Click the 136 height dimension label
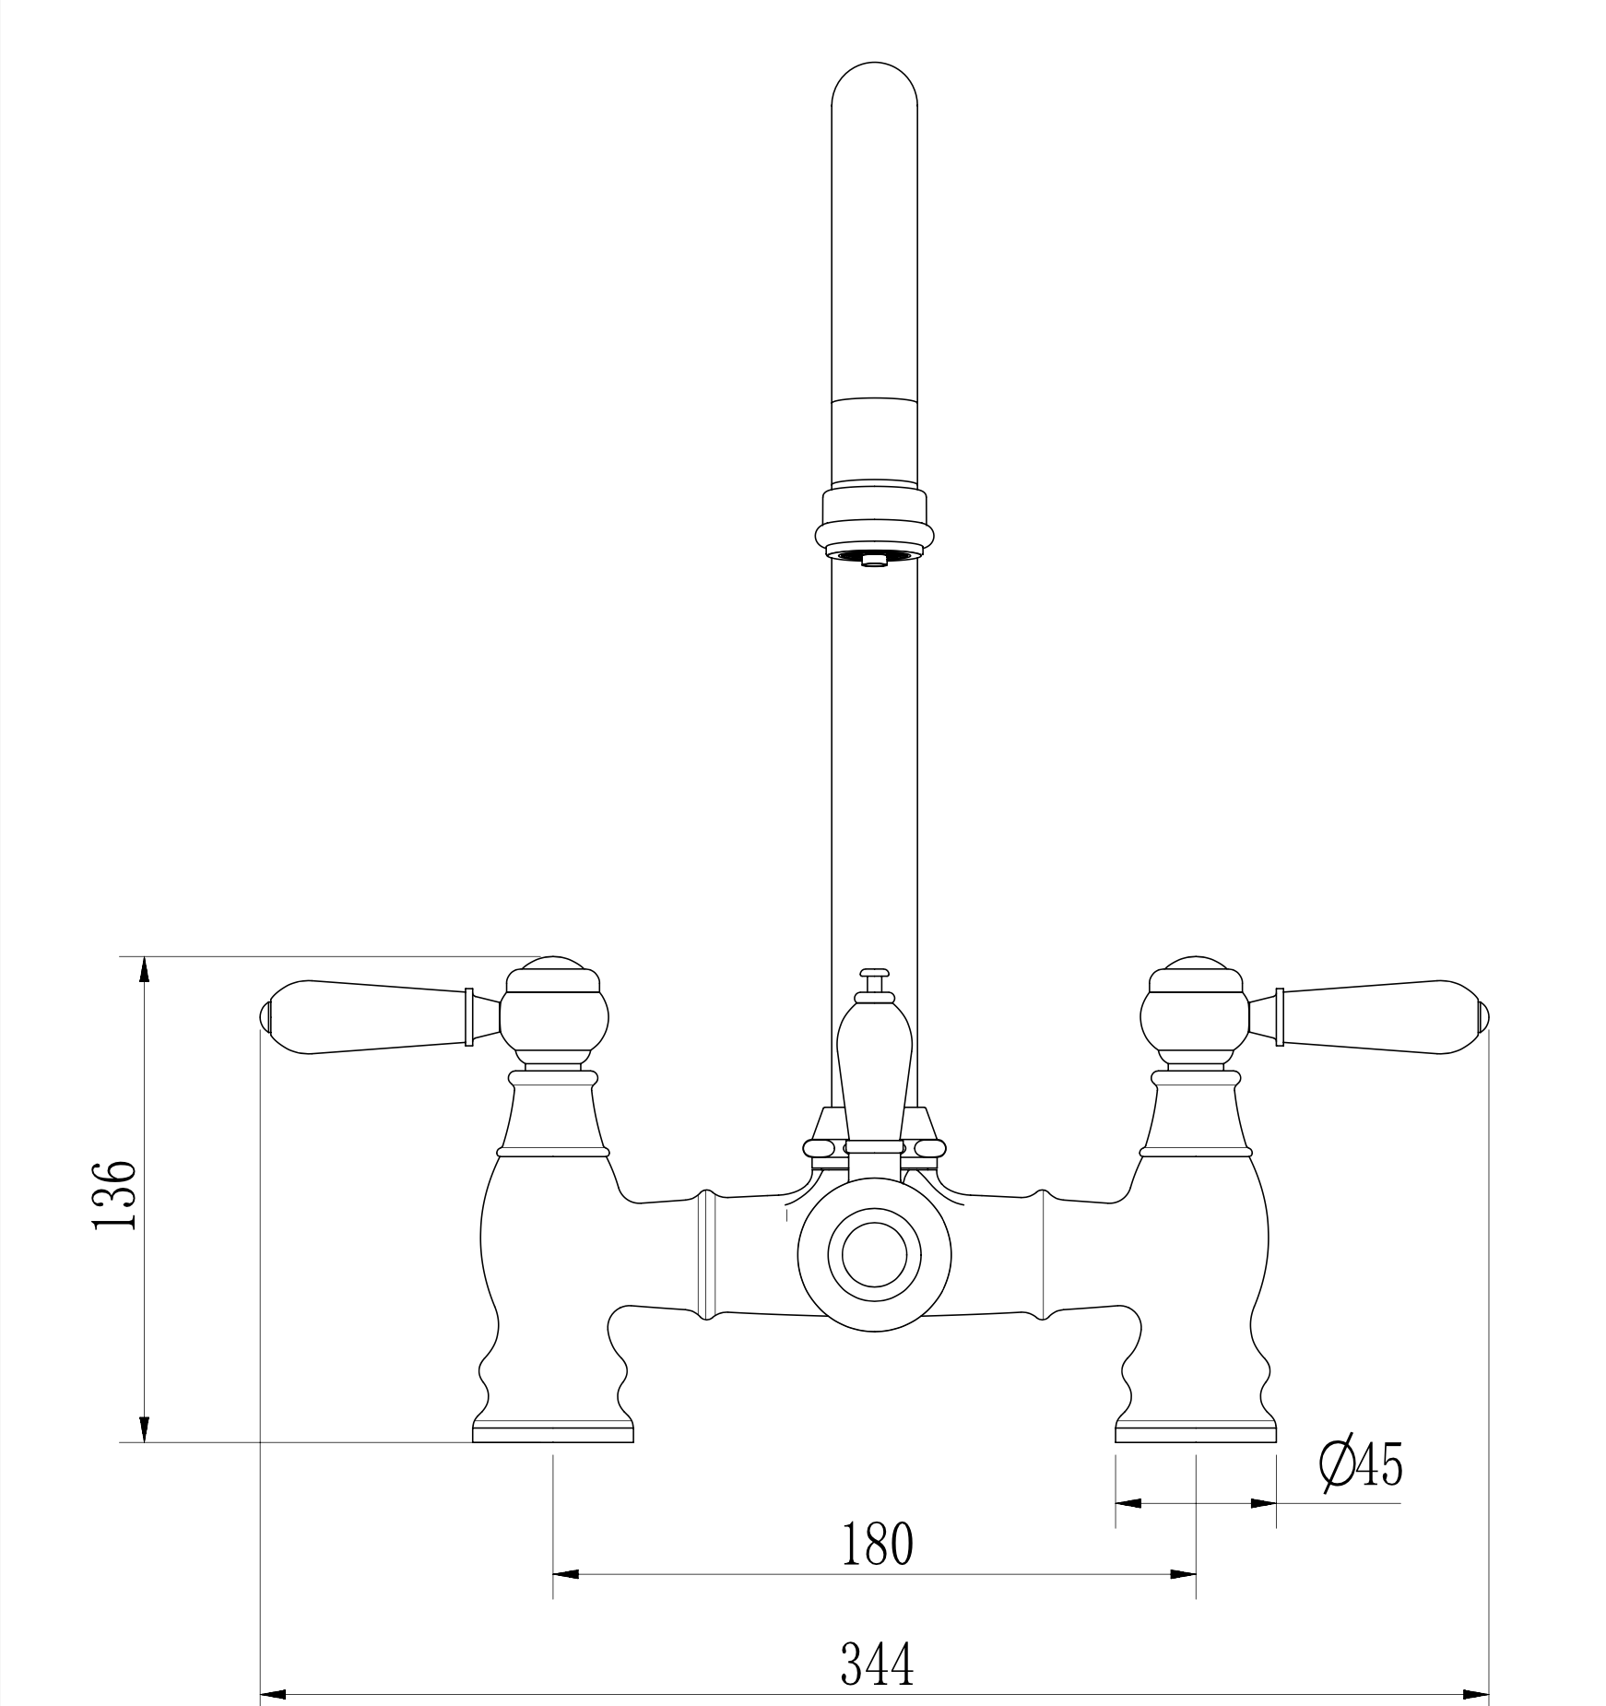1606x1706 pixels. [x=115, y=1194]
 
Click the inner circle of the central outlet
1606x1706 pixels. [x=875, y=1255]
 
